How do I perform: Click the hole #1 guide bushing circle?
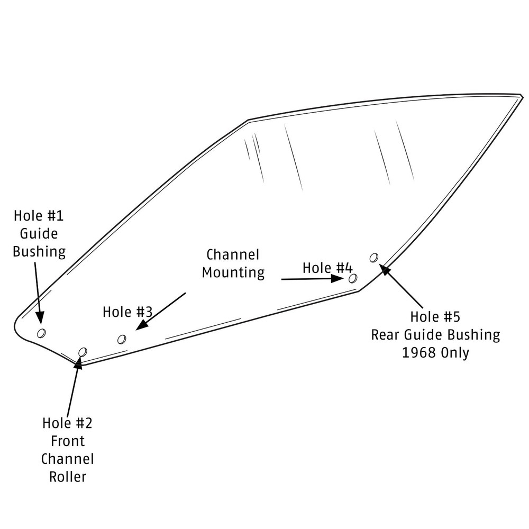pyautogui.click(x=41, y=332)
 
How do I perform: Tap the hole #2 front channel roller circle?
pyautogui.click(x=83, y=352)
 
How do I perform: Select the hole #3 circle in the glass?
pyautogui.click(x=122, y=339)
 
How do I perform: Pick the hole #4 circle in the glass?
pyautogui.click(x=353, y=278)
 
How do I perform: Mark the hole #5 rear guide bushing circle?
pyautogui.click(x=374, y=258)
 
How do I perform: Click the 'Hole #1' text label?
pyautogui.click(x=39, y=216)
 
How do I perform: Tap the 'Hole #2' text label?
pyautogui.click(x=67, y=423)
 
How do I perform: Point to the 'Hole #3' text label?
pyautogui.click(x=127, y=312)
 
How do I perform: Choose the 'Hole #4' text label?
pyautogui.click(x=327, y=268)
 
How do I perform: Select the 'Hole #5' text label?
pyautogui.click(x=435, y=317)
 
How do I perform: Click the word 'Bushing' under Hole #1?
pyautogui.click(x=39, y=251)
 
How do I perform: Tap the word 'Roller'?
pyautogui.click(x=68, y=476)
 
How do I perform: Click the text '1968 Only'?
pyautogui.click(x=435, y=353)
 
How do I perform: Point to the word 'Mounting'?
pyautogui.click(x=233, y=273)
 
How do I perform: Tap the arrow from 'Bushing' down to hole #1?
pyautogui.click(x=37, y=291)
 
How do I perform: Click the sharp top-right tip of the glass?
pyautogui.click(x=522, y=96)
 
